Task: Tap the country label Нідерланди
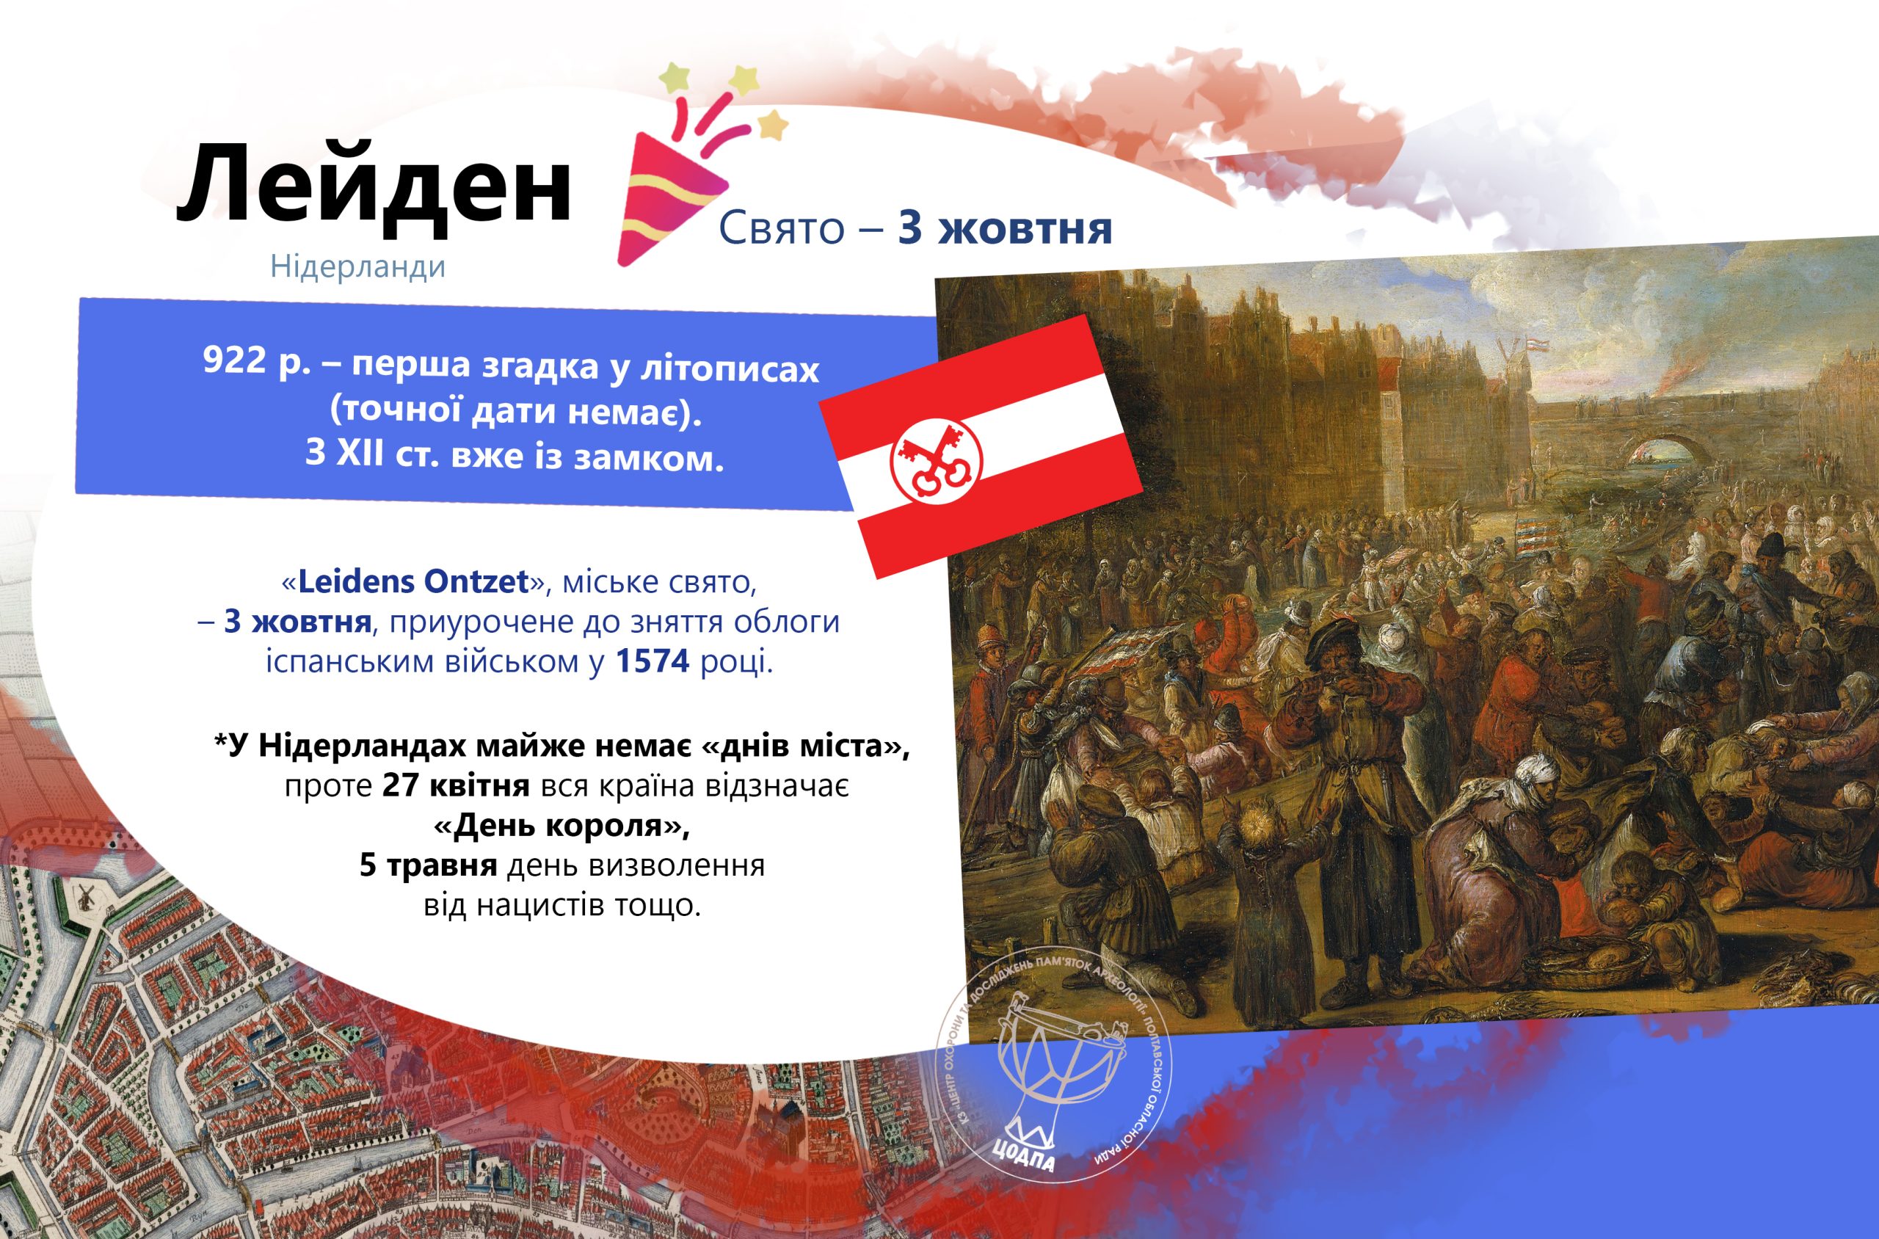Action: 358,266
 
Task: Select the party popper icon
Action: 703,167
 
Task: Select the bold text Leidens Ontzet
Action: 413,581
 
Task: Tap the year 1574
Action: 653,661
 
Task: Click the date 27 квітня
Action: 456,786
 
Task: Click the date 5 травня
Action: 428,865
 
